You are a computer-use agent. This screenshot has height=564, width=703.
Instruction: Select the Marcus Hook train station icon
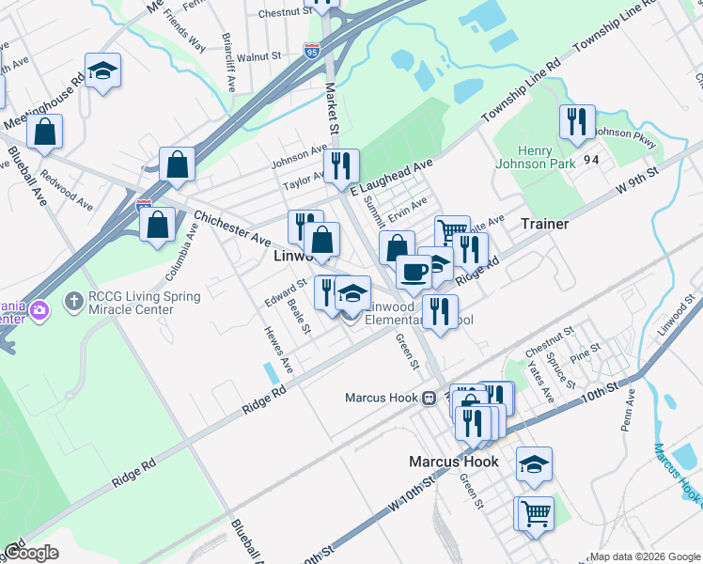pos(428,398)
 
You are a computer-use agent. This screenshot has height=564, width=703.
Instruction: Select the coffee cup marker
pos(414,272)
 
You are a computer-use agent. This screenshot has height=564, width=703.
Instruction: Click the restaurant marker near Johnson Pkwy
pos(576,122)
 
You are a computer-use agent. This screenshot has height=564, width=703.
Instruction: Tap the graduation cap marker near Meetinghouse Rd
pos(103,70)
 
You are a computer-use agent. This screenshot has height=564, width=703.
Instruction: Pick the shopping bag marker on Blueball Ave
pos(44,133)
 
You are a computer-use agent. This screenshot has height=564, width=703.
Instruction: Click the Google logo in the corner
pos(31,553)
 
